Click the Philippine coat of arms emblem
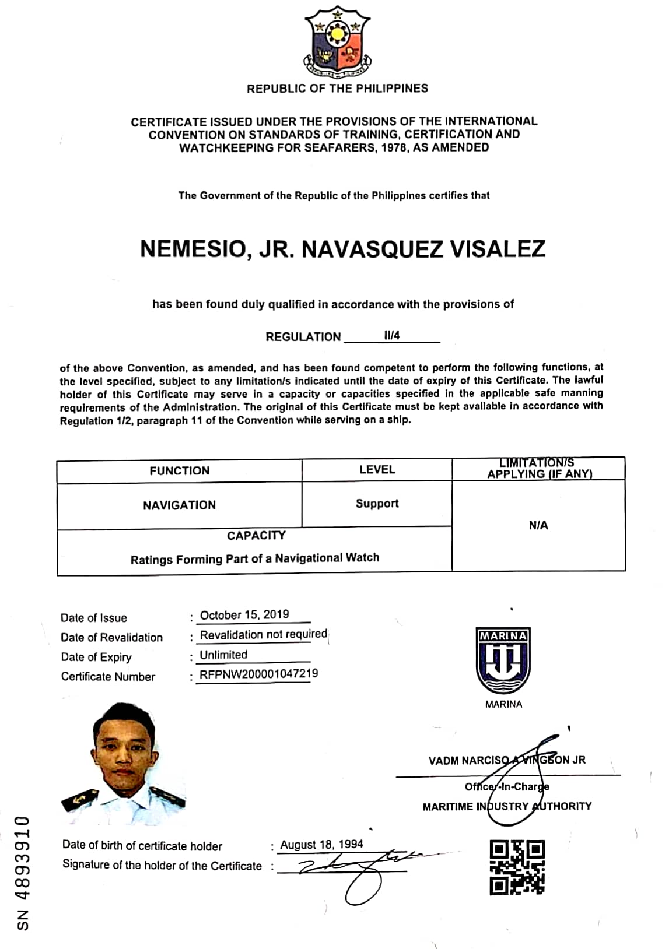click(x=337, y=43)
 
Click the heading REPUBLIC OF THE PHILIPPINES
click(x=337, y=89)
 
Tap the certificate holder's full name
click(x=342, y=249)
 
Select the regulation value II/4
click(x=392, y=335)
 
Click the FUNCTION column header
click(x=179, y=470)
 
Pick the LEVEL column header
click(x=377, y=469)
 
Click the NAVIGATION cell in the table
click(x=179, y=505)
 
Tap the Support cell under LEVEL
click(x=377, y=503)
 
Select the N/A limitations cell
click(x=538, y=525)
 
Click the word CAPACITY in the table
click(x=256, y=535)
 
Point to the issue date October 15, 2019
click(x=244, y=615)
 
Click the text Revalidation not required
click(x=263, y=634)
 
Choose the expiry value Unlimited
click(x=223, y=655)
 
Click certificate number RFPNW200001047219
click(x=258, y=674)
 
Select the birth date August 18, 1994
click(x=321, y=845)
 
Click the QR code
click(x=517, y=867)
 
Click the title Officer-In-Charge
click(x=506, y=786)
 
